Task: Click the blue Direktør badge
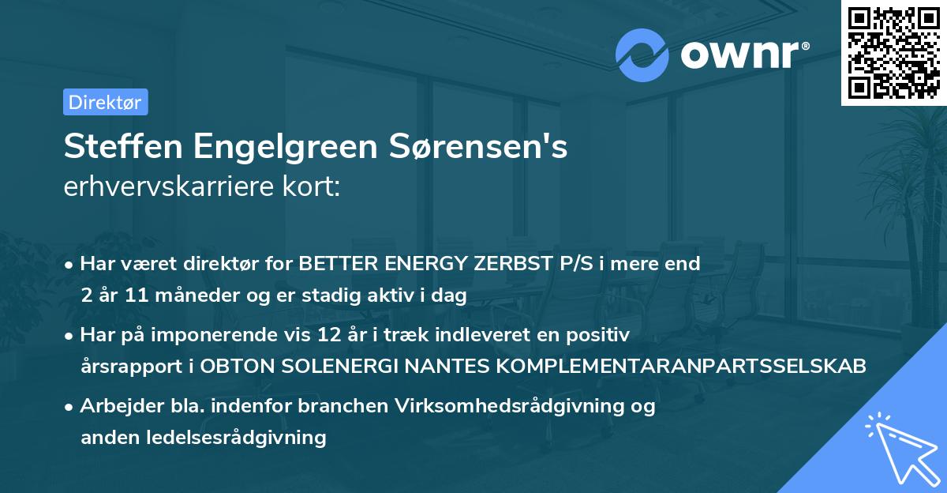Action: pos(105,102)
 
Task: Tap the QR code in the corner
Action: pos(893,53)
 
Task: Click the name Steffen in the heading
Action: pos(114,147)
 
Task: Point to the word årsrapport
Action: pos(128,367)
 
